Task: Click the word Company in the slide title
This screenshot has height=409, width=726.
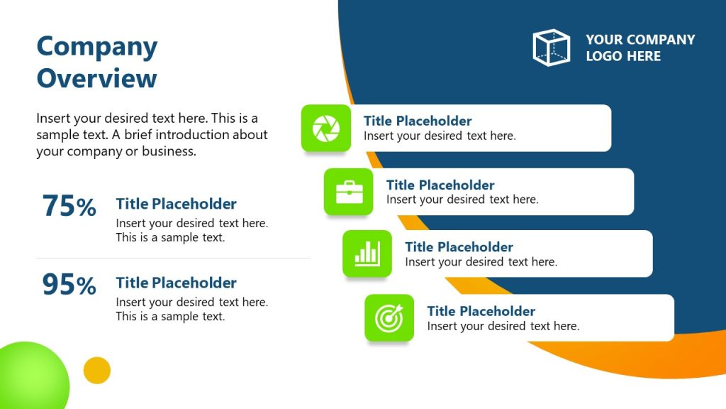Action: [x=96, y=47]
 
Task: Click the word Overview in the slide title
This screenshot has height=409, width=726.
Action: [x=96, y=77]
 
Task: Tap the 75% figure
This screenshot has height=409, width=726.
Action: [x=69, y=207]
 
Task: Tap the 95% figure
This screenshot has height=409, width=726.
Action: [x=69, y=285]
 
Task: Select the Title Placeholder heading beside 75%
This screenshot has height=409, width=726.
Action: [x=176, y=204]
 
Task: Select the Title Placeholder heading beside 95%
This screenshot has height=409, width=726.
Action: [x=176, y=283]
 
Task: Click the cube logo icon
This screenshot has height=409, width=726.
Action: [x=551, y=48]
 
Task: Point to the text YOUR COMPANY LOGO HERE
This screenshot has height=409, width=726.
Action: [x=640, y=48]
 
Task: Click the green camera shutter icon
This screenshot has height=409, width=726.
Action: [x=326, y=129]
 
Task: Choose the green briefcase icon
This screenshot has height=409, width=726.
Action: [x=349, y=192]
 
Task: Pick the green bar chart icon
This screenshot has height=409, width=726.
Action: [x=367, y=253]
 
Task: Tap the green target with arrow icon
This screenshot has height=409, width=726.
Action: [x=389, y=317]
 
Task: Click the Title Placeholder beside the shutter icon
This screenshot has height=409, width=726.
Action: [x=418, y=121]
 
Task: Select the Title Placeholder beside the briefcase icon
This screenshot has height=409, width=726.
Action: [x=440, y=185]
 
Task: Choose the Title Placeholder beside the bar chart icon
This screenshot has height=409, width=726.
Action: [x=459, y=247]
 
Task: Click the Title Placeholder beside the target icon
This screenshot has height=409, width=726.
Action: [x=481, y=311]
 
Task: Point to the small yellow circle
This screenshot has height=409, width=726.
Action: [x=97, y=370]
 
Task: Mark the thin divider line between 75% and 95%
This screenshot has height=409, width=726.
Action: [x=174, y=258]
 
